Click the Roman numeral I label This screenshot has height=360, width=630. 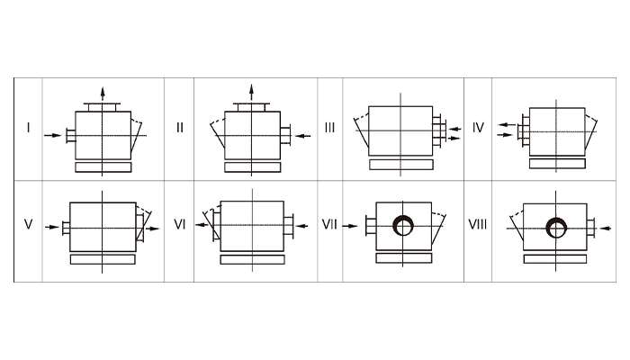(x=28, y=128)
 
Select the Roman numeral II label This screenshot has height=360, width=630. (x=180, y=128)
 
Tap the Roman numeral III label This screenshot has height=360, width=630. (x=329, y=128)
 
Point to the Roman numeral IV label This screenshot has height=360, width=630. (x=478, y=128)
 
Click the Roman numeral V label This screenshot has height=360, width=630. (x=28, y=224)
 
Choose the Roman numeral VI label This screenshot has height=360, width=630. (x=180, y=224)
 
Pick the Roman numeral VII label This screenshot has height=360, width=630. (x=329, y=224)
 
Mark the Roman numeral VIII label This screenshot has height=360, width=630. (x=478, y=224)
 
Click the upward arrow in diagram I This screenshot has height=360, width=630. (x=103, y=94)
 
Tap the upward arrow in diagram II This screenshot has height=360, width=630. (x=251, y=92)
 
